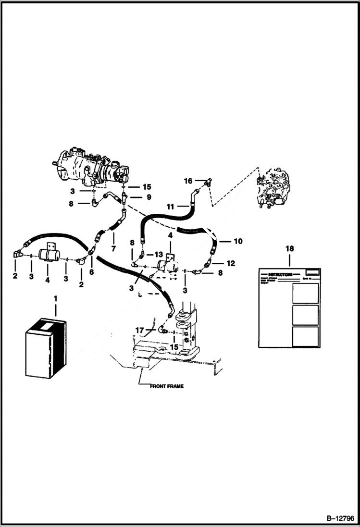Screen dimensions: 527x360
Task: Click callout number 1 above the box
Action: click(55, 299)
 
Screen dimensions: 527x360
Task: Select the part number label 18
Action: click(289, 249)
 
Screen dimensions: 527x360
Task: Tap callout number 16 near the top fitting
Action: click(188, 181)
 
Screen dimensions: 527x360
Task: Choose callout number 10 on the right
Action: click(238, 241)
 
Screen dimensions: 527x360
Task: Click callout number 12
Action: click(231, 263)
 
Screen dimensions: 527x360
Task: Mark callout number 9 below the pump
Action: click(149, 197)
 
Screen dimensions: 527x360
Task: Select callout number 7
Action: click(114, 249)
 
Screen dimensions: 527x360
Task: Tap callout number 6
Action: click(92, 271)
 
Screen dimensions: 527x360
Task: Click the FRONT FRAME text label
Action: click(167, 386)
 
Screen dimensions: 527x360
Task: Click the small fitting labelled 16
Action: click(208, 182)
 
